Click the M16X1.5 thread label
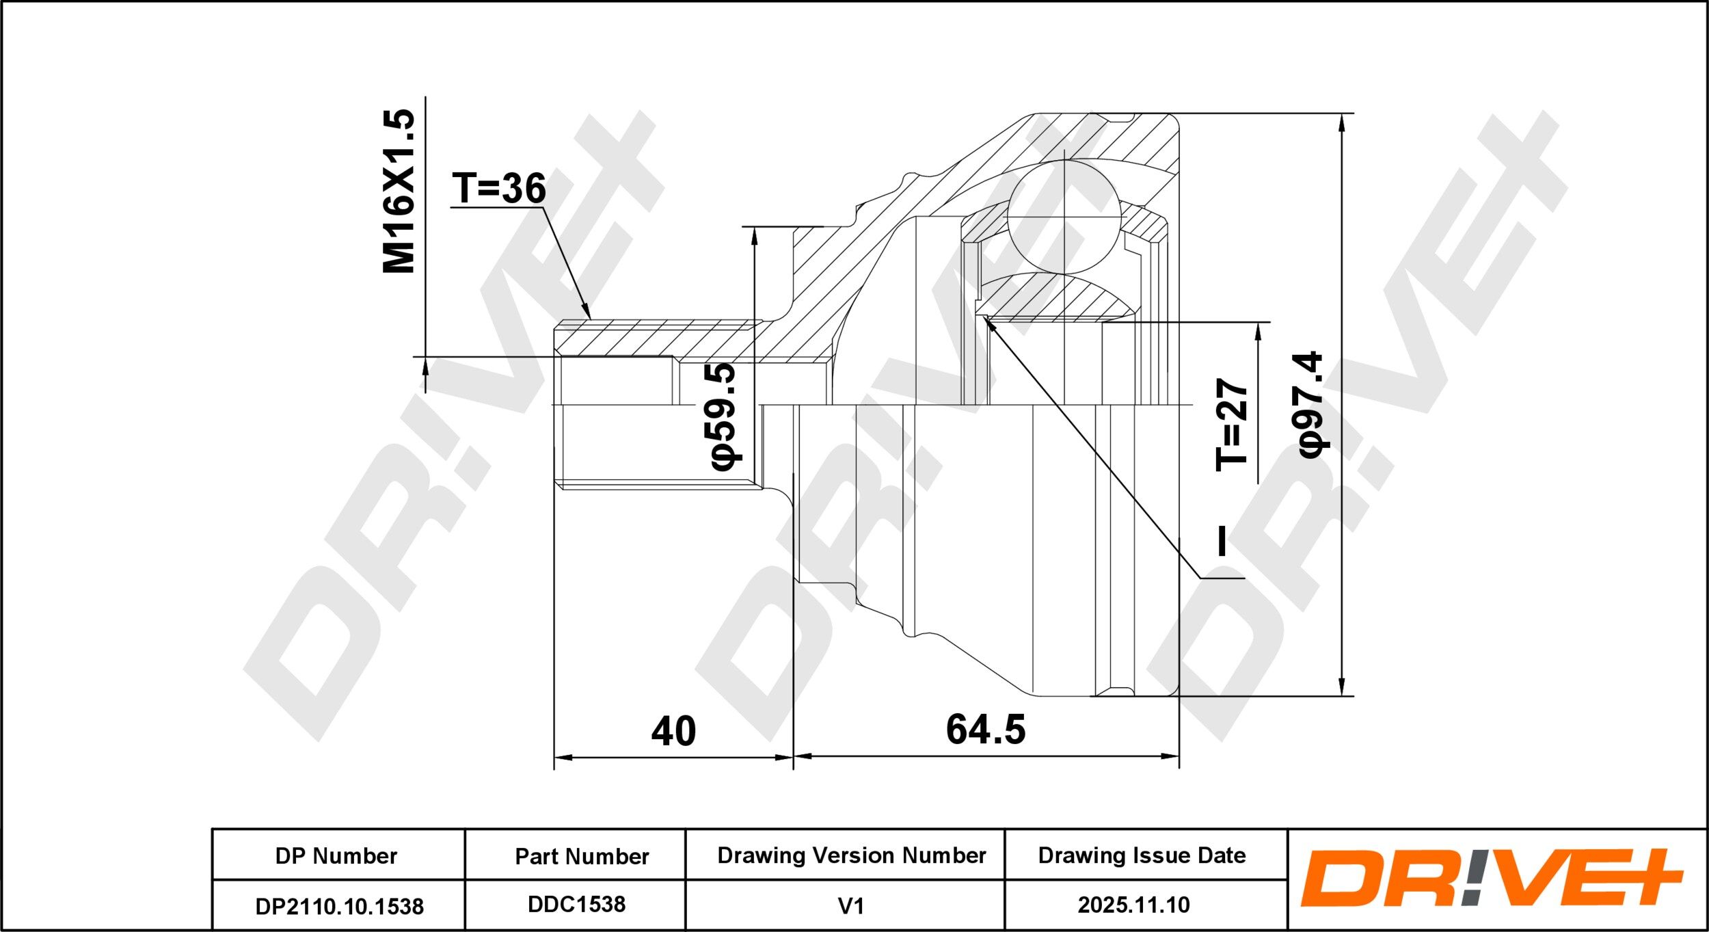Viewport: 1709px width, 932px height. tap(399, 191)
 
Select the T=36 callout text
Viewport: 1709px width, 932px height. tap(499, 188)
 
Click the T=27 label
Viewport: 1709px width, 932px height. tap(1232, 424)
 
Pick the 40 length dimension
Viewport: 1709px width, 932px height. tap(673, 731)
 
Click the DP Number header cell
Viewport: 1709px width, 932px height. tap(336, 855)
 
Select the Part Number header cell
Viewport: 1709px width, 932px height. tap(582, 856)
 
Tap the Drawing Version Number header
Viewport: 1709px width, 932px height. tap(852, 855)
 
